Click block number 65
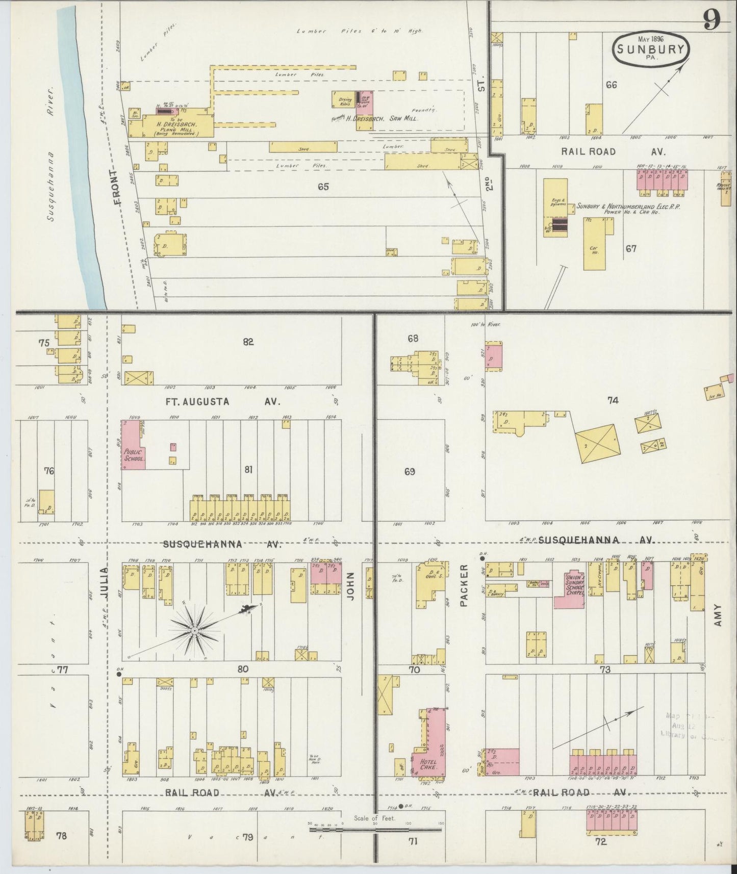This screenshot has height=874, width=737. click(x=323, y=187)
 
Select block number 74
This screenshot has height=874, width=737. click(x=613, y=400)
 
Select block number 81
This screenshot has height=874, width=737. click(x=248, y=470)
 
